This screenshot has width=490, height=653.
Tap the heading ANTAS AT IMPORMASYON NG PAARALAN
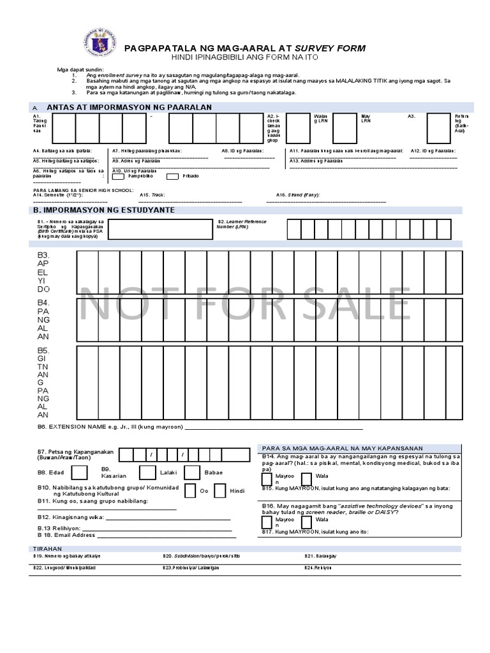tap(129, 107)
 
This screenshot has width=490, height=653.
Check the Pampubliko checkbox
tap(118, 176)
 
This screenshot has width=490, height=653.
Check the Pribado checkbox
tap(172, 176)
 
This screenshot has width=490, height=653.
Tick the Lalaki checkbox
tap(147, 473)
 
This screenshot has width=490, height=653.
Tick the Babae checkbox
tap(192, 473)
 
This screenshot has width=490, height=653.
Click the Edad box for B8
tap(80, 473)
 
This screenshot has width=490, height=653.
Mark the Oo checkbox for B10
tap(189, 490)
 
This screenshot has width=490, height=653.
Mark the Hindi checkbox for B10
tap(220, 490)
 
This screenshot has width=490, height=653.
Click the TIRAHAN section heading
tap(47, 548)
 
